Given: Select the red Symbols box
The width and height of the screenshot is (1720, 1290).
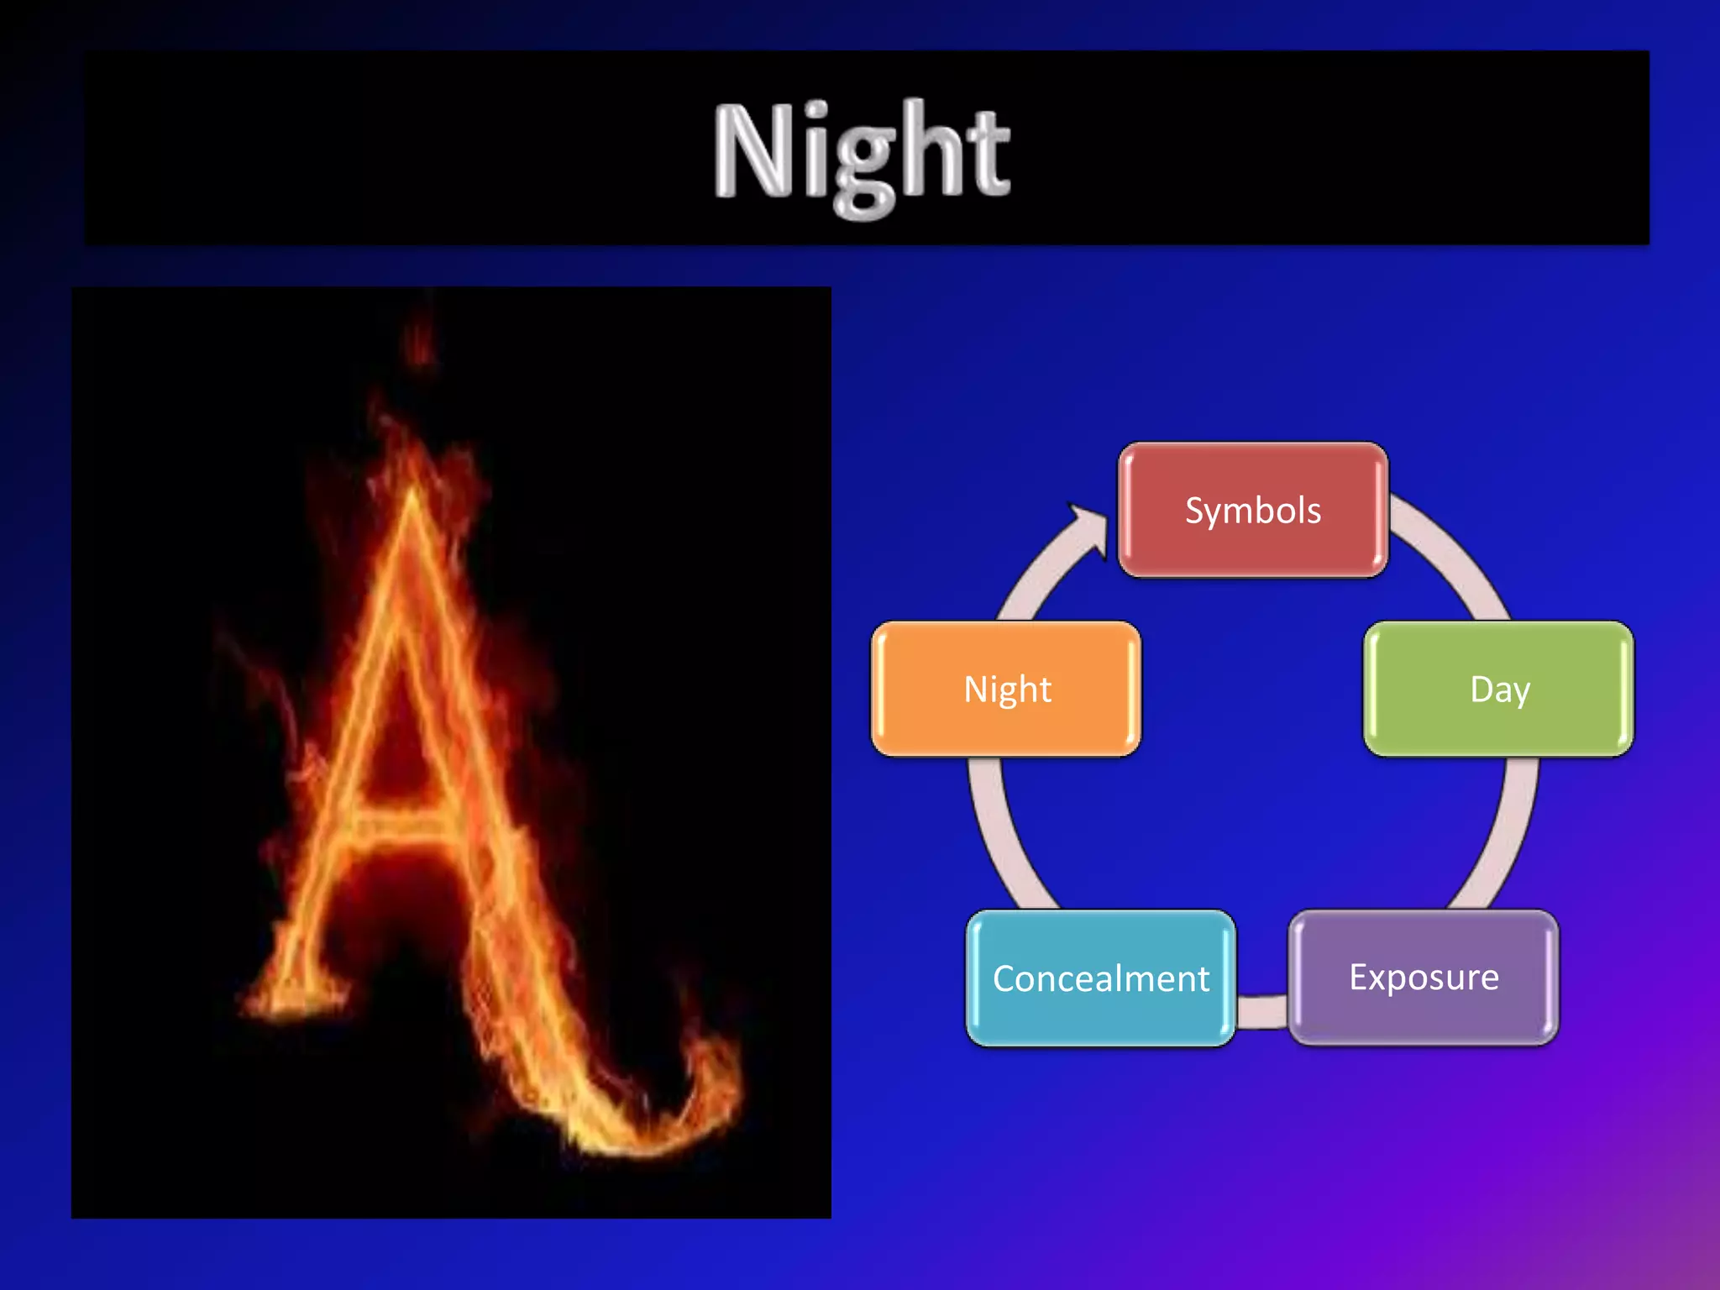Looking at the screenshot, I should click(1252, 510).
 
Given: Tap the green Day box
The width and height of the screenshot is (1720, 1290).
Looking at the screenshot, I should click(1499, 689).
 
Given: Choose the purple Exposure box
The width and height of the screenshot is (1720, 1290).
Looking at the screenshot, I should click(1424, 978).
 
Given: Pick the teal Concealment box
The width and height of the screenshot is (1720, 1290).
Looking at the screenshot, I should click(1100, 978).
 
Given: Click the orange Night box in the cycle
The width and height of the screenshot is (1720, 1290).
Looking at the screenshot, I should click(1006, 689).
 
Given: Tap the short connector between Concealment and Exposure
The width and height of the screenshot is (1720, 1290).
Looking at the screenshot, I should click(1261, 1010).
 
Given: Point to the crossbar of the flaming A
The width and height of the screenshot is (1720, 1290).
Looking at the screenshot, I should click(395, 827).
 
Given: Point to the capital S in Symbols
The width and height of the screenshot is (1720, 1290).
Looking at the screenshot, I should click(1195, 511).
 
